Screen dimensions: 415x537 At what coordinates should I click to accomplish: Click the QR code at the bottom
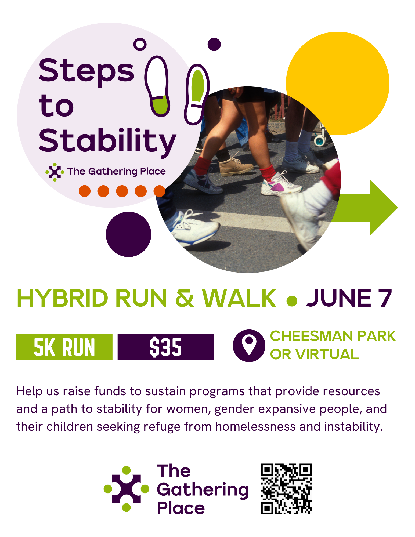click(286, 489)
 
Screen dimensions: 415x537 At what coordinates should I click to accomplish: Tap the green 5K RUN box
click(64, 347)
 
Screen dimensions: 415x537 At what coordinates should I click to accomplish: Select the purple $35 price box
click(165, 347)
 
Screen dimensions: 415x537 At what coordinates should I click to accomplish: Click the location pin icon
click(249, 346)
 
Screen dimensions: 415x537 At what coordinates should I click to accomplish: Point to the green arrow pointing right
click(365, 208)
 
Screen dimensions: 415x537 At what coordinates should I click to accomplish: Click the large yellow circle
click(338, 84)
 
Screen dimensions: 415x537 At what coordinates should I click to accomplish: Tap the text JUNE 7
click(349, 298)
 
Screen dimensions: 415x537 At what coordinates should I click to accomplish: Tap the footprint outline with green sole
click(197, 94)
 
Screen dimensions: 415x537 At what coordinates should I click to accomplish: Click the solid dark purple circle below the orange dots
click(128, 234)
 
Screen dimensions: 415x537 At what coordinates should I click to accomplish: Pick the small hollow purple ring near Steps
click(140, 44)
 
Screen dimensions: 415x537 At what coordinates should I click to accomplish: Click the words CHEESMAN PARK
click(333, 336)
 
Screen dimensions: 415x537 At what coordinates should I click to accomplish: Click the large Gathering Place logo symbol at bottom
click(126, 489)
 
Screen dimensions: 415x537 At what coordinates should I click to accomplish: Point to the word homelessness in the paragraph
click(255, 426)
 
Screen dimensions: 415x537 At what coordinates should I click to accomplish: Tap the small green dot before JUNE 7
click(292, 301)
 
